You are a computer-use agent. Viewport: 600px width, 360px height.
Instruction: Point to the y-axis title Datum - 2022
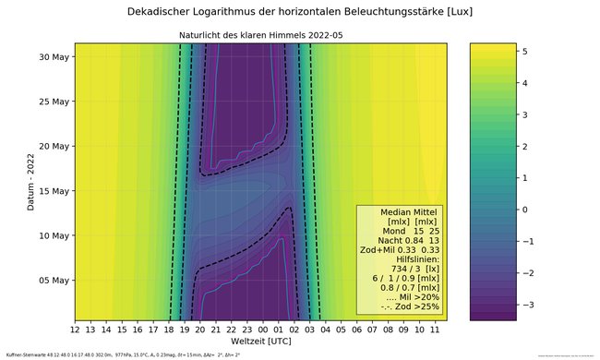[30, 181]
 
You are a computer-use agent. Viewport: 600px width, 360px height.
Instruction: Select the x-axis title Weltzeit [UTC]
[261, 343]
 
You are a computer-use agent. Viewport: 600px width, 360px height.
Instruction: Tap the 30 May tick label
[53, 57]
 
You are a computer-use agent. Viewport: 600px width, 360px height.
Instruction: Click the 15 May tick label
[53, 191]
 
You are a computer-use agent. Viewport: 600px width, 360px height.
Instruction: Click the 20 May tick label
[53, 147]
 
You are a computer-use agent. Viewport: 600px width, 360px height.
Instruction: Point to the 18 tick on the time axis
[170, 329]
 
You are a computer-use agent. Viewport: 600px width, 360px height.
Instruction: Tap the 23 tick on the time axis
[248, 329]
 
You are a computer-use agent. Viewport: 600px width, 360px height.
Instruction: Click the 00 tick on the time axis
[264, 329]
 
